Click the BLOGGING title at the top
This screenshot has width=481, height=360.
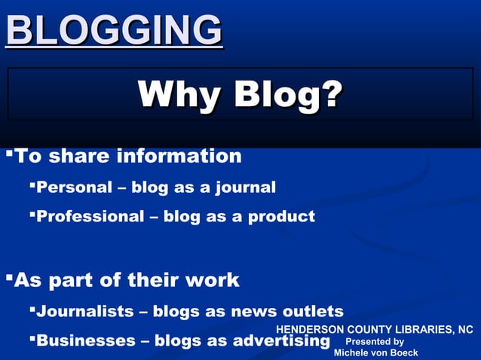pyautogui.click(x=114, y=30)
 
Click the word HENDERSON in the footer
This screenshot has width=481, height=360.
pyautogui.click(x=310, y=329)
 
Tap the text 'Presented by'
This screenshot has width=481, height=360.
pyautogui.click(x=375, y=341)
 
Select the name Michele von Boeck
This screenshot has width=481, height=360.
pyautogui.click(x=375, y=352)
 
